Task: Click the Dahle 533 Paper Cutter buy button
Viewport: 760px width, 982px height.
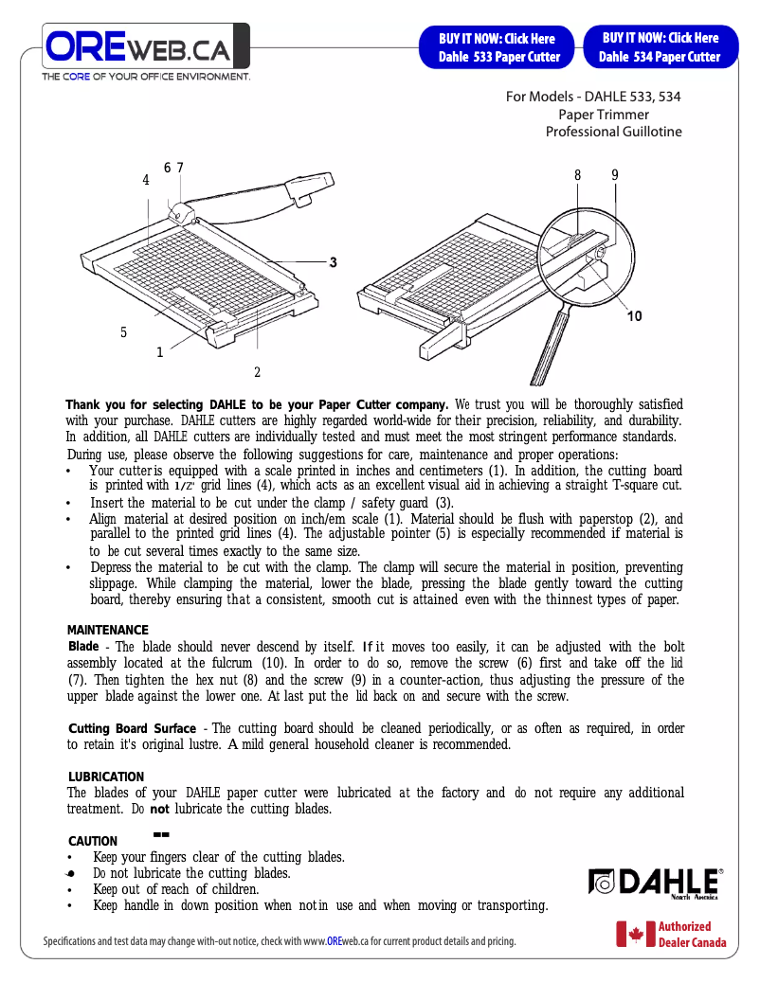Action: [x=498, y=47]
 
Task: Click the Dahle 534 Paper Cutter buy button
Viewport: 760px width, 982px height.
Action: [x=660, y=47]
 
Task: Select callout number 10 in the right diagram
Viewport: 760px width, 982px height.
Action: [x=634, y=316]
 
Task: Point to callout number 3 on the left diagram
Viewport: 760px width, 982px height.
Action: [x=333, y=261]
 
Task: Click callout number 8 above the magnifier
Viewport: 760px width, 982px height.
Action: [x=577, y=175]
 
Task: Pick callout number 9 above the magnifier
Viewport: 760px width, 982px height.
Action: [x=614, y=175]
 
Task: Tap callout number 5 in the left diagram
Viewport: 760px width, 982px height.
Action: [x=123, y=332]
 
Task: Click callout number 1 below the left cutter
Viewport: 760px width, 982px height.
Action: [x=160, y=353]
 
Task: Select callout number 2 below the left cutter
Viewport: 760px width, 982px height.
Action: [x=257, y=372]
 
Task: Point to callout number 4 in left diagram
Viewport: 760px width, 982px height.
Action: [x=146, y=180]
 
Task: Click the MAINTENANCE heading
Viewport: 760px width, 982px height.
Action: [x=107, y=631]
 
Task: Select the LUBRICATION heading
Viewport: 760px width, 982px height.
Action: [x=105, y=777]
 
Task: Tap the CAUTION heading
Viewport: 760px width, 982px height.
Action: [x=93, y=842]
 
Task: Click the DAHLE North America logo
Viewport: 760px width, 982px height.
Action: [x=655, y=883]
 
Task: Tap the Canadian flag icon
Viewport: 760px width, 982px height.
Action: [x=630, y=935]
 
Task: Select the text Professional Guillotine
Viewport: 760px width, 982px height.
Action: [x=613, y=132]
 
